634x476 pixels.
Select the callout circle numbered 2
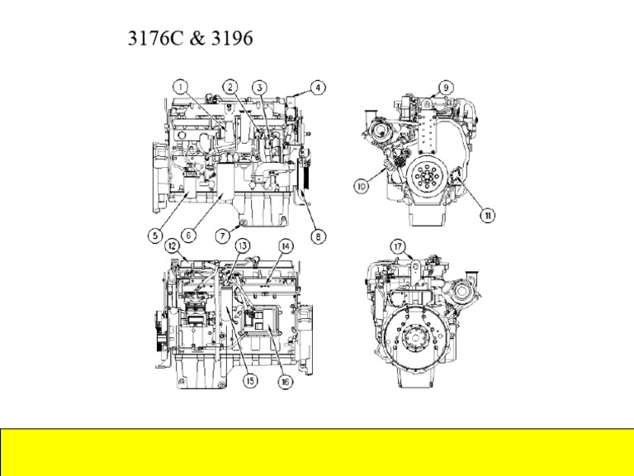[230, 85]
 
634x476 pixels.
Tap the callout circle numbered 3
[260, 86]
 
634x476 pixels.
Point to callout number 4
[317, 86]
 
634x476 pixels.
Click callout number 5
[154, 236]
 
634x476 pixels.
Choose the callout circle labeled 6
[188, 236]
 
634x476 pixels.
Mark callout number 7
[223, 236]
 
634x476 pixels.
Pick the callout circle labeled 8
[317, 236]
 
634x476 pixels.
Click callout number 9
[445, 86]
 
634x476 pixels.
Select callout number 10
[362, 187]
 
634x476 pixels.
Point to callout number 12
[172, 245]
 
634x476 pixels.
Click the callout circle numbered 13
[242, 245]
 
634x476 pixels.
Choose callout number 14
[286, 245]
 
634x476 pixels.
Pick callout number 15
[248, 380]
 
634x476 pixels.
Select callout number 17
[398, 246]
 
